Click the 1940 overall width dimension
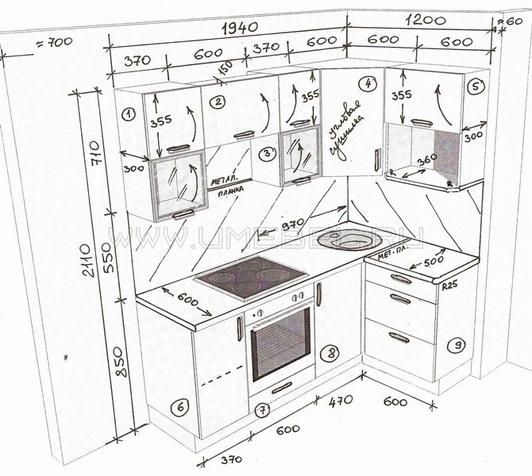[x=240, y=29]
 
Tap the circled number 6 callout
[x=181, y=407]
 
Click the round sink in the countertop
[x=350, y=238]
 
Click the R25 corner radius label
[x=449, y=284]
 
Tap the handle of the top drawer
[x=400, y=278]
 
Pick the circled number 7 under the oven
[x=263, y=409]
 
